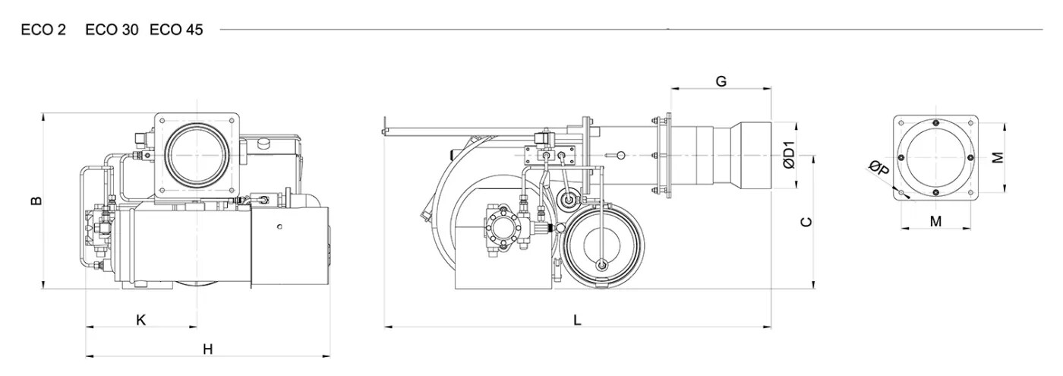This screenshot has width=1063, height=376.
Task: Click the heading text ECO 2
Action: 43,30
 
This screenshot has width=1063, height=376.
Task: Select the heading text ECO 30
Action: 112,30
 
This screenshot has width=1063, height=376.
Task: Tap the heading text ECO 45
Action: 176,30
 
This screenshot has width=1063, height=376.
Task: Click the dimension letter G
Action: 721,82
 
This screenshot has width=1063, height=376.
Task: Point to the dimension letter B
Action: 36,201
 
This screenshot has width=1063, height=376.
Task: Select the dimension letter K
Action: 141,320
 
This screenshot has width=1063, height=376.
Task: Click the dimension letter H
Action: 208,349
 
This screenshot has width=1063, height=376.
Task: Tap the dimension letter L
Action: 577,320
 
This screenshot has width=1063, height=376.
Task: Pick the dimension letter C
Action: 806,222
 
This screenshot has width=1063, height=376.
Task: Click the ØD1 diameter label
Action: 789,155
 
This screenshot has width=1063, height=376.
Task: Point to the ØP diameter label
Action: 879,168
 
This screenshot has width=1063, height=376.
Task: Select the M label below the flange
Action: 935,221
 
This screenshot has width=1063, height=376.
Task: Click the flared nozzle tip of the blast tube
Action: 751,155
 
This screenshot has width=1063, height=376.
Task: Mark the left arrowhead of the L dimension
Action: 387,327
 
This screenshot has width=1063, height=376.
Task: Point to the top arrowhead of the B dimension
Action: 43,117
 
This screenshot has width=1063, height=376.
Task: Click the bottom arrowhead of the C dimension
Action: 814,284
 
